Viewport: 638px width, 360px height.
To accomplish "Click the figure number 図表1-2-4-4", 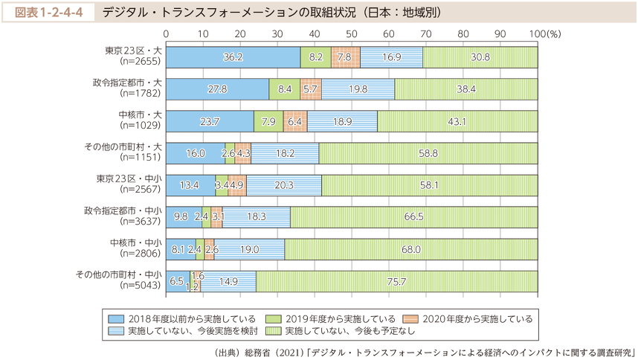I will (51, 13).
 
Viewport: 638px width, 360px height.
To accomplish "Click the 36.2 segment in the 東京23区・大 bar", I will (233, 57).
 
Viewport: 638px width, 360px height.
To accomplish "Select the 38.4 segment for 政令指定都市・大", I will (466, 89).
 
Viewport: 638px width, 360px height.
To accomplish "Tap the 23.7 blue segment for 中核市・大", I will (210, 121).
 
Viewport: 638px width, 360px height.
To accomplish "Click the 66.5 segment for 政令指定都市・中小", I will (414, 217).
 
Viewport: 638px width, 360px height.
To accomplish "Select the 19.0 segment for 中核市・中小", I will (249, 249).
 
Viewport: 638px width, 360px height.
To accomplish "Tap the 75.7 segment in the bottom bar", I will (397, 281).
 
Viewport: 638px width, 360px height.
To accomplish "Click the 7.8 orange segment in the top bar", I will (345, 57).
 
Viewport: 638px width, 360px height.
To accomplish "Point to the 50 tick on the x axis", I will (352, 34).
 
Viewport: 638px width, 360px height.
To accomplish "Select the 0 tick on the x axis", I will (166, 34).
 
